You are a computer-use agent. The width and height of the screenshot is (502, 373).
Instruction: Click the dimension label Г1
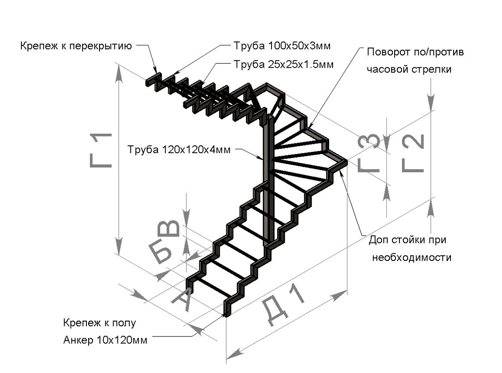coord(101,150)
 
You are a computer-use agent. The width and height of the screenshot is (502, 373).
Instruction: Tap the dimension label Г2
coord(413,153)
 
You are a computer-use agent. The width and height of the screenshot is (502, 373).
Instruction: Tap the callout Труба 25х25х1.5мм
coord(284,65)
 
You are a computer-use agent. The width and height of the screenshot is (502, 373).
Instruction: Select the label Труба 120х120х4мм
coord(179,149)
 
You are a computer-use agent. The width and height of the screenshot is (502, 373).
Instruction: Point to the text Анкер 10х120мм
coord(105,340)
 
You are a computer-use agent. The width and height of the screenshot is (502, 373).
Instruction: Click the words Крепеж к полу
coord(100,323)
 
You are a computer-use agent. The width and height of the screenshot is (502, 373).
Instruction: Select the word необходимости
coord(411,257)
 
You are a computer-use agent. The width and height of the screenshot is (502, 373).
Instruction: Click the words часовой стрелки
coord(409,69)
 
